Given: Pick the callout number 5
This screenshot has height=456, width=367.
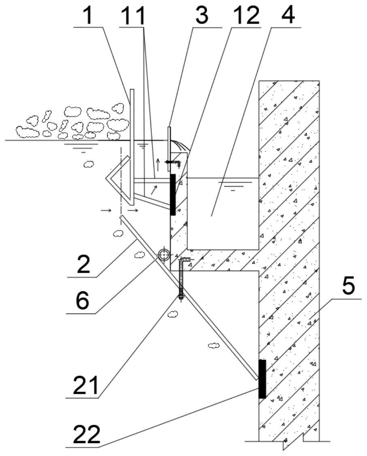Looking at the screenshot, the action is click(348, 286).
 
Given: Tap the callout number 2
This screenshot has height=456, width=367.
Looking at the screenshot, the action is click(83, 263).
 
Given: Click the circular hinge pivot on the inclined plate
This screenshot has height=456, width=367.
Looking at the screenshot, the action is click(164, 255).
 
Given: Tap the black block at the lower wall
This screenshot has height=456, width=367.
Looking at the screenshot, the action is click(262, 379).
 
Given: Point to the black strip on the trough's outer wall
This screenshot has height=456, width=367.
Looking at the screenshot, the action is click(173, 194).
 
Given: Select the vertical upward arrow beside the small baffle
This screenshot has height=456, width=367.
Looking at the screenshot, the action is click(158, 165).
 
